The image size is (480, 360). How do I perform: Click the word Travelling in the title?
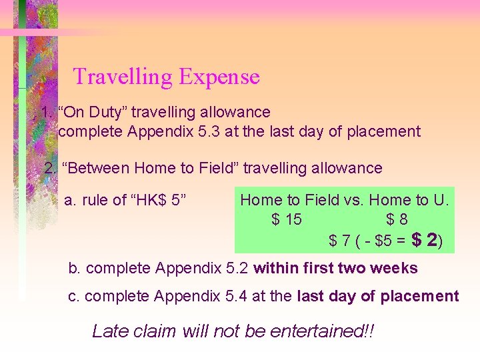pyautogui.click(x=123, y=77)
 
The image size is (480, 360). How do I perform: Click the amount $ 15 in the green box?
pyautogui.click(x=286, y=219)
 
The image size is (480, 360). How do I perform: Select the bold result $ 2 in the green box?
pyautogui.click(x=424, y=240)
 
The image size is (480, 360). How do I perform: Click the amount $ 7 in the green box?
pyautogui.click(x=340, y=241)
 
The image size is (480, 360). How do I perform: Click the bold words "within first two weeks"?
pyautogui.click(x=335, y=269)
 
